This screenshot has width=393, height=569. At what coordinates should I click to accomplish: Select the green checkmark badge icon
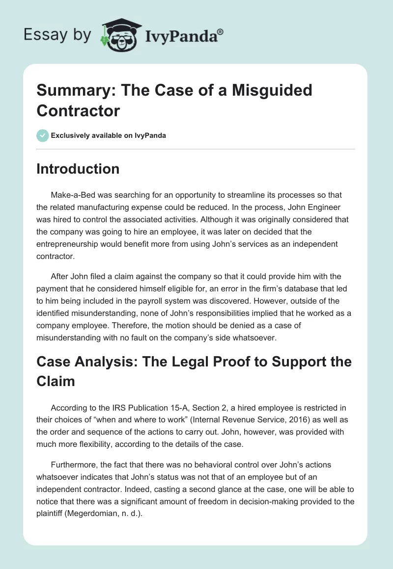(x=43, y=135)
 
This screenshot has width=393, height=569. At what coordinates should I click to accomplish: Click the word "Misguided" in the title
(x=273, y=90)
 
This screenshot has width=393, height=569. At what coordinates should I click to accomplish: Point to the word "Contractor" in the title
(x=78, y=111)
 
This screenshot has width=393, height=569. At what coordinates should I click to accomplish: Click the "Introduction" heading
(x=78, y=169)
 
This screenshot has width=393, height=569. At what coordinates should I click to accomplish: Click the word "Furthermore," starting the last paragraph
(x=75, y=465)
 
